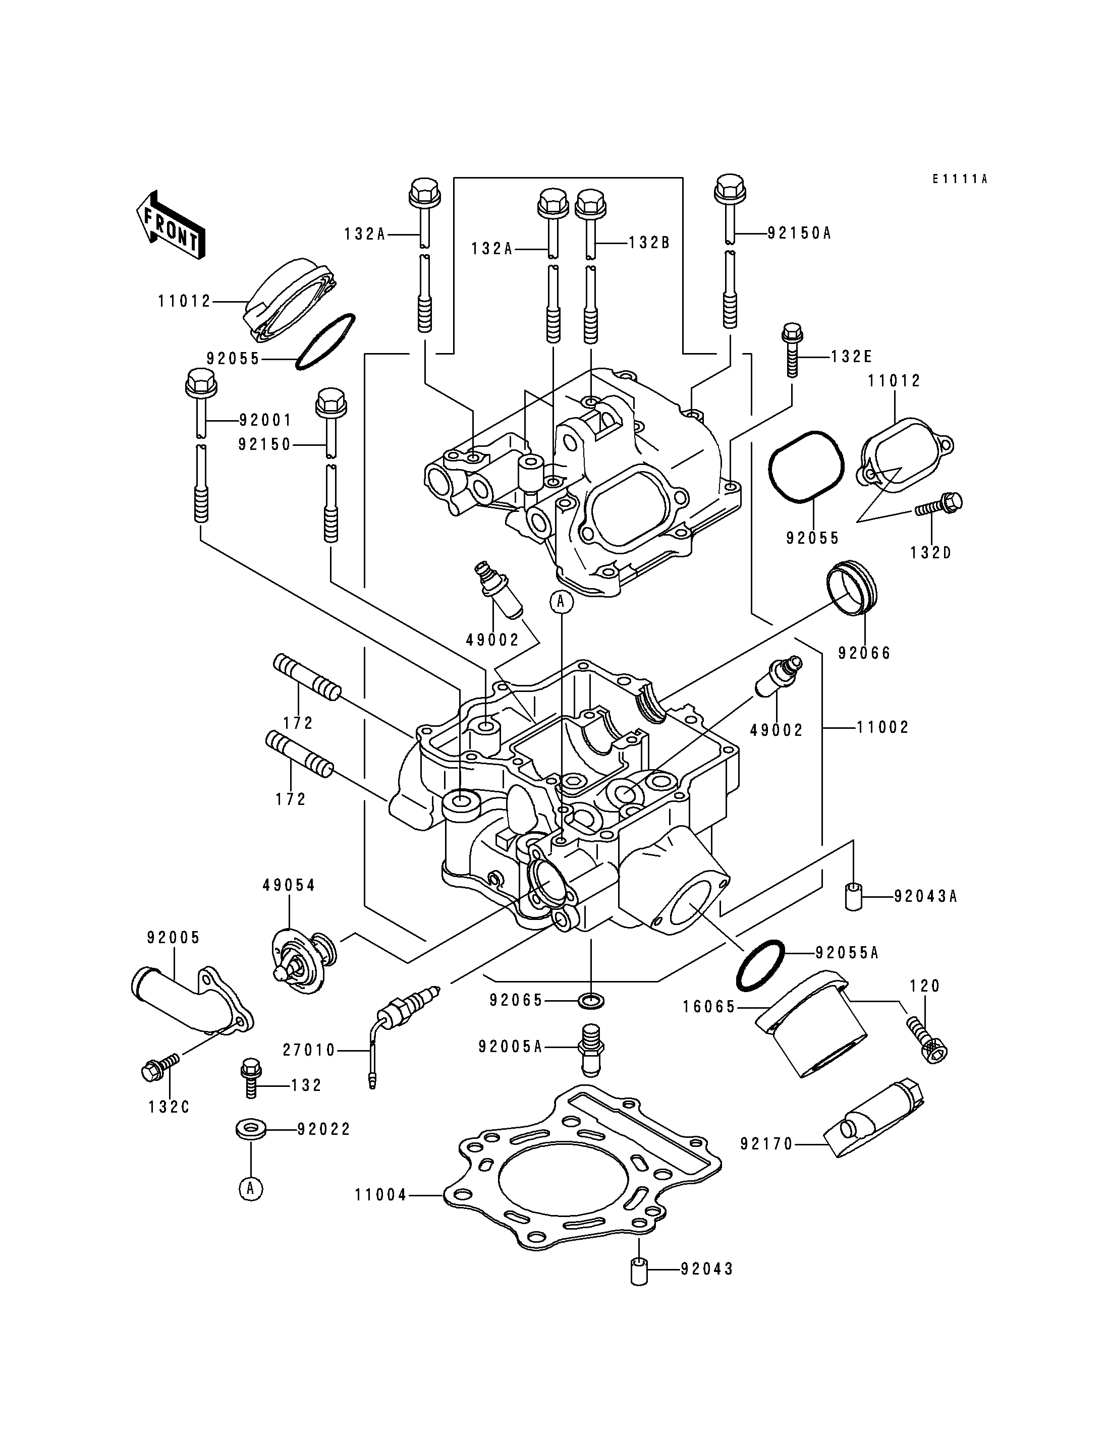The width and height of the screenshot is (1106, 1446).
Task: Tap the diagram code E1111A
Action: click(x=960, y=179)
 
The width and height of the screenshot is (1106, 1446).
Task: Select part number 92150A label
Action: click(x=799, y=233)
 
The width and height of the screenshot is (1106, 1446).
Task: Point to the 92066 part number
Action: click(x=864, y=653)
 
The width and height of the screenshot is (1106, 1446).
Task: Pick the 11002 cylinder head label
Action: click(x=883, y=727)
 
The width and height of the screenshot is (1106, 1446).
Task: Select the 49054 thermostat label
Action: click(x=289, y=886)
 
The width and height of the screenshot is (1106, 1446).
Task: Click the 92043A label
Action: click(x=925, y=896)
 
